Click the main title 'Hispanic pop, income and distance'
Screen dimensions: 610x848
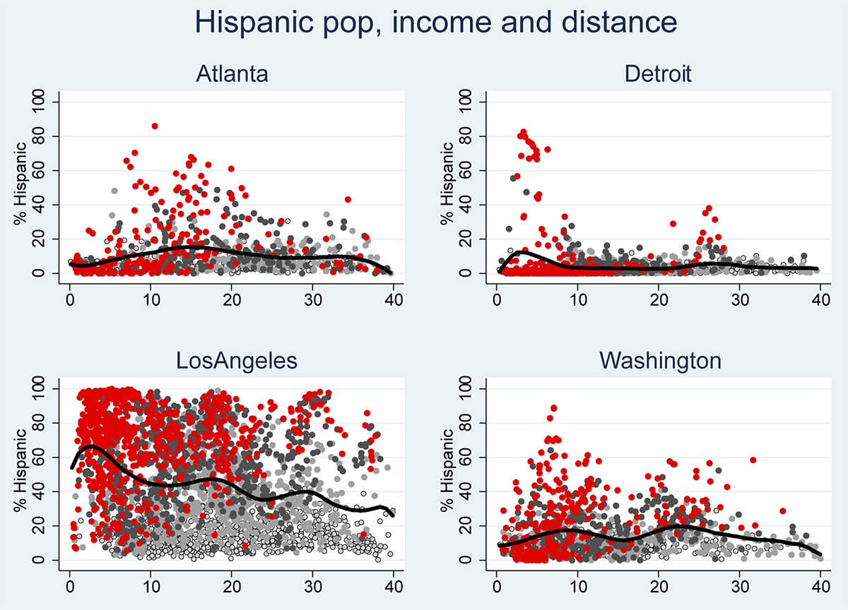[x=435, y=24]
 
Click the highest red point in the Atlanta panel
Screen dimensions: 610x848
[x=155, y=126]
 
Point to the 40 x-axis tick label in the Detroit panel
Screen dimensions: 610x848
[x=820, y=299]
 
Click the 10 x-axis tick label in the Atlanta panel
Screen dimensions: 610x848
[x=150, y=299]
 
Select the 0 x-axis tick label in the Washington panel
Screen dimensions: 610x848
[x=496, y=585]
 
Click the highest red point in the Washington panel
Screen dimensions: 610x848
[x=553, y=408]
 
